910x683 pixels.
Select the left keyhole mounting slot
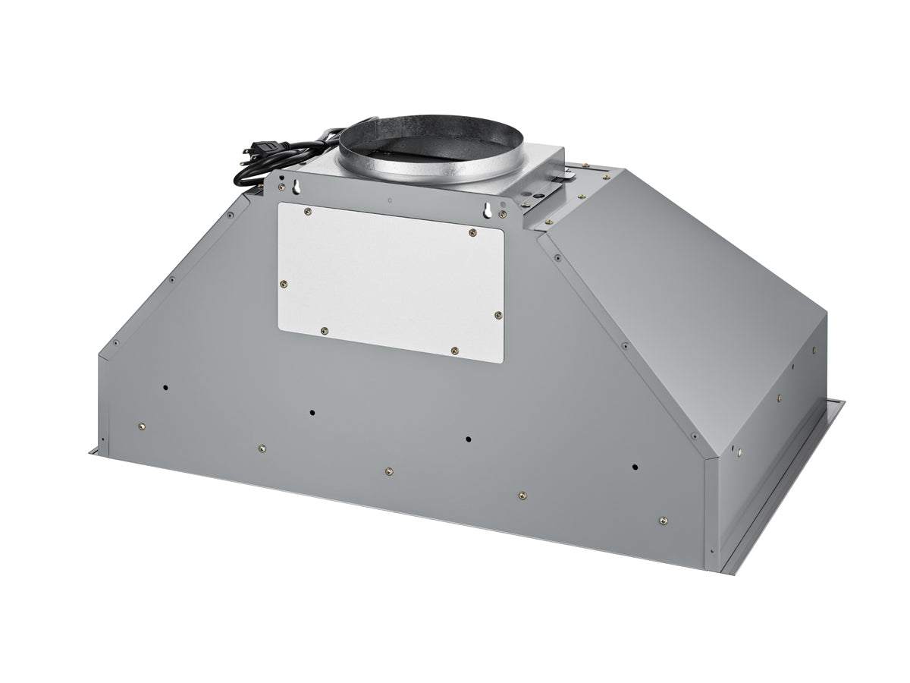[x=282, y=184]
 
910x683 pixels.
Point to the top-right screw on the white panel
[x=472, y=232]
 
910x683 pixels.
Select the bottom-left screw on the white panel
[x=325, y=331]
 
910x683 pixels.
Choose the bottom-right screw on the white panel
[x=454, y=351]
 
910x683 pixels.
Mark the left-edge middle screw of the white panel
[x=284, y=285]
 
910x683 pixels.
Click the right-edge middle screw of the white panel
[x=497, y=315]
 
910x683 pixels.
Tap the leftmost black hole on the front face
[x=165, y=388]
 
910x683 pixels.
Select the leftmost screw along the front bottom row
[x=141, y=426]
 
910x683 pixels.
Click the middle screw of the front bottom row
[x=388, y=471]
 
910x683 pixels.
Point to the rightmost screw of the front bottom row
[x=663, y=521]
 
